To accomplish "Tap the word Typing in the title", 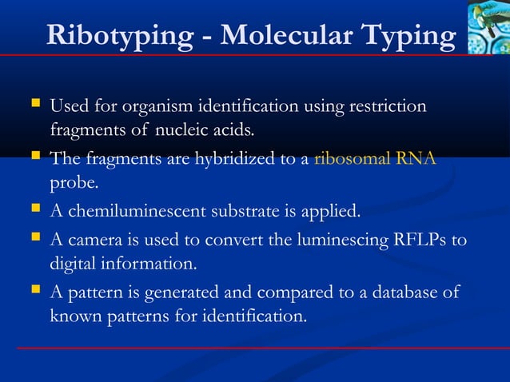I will tap(408, 35).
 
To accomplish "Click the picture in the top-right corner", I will tap(488, 26).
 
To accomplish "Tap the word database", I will tap(400, 292).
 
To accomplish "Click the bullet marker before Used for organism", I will tap(34, 105).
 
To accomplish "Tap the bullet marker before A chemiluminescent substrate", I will tap(34, 211).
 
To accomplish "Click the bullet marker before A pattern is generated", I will tap(34, 292).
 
